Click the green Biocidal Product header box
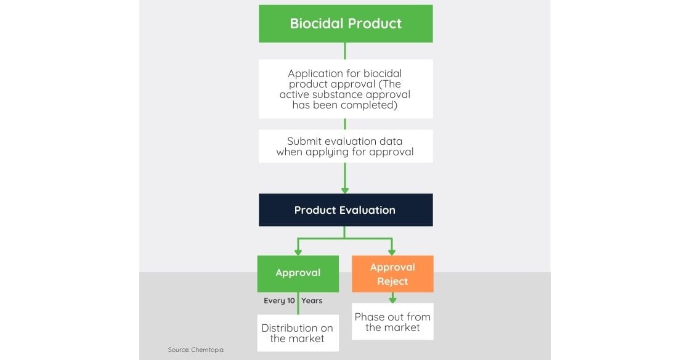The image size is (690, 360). (x=346, y=24)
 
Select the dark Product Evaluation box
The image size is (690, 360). (x=346, y=210)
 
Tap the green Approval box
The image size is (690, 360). (x=298, y=274)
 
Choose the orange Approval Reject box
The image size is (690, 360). (x=392, y=274)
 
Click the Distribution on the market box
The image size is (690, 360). (x=298, y=333)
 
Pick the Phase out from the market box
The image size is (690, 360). (x=392, y=322)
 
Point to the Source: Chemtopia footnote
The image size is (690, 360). (x=196, y=350)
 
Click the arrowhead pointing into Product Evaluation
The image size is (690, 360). (x=345, y=190)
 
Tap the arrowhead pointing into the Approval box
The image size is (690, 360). (x=298, y=253)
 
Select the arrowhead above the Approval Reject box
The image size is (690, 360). (x=392, y=253)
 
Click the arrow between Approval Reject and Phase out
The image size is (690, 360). (x=392, y=298)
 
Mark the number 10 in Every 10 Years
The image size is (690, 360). (x=291, y=301)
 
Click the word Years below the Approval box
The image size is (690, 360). (x=312, y=301)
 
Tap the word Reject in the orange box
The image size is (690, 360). (x=392, y=281)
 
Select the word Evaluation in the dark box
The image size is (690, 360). (x=369, y=210)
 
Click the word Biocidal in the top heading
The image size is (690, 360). (x=316, y=23)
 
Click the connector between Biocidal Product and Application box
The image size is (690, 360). (x=345, y=51)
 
